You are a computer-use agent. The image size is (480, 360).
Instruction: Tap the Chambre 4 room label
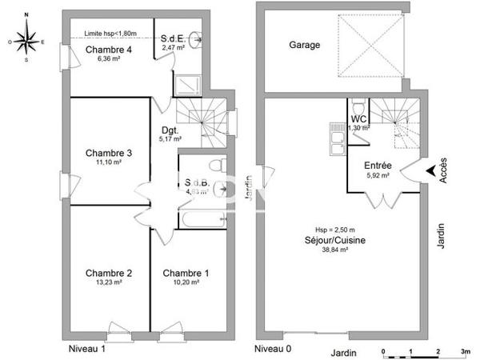pyautogui.click(x=108, y=50)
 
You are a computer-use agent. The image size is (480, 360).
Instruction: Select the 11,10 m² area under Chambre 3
pyautogui.click(x=108, y=162)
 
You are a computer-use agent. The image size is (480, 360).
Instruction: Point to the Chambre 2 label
pyautogui.click(x=108, y=273)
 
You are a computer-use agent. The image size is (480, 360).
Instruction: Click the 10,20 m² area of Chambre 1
pyautogui.click(x=186, y=282)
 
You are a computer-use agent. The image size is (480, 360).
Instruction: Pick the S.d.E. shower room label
pyautogui.click(x=172, y=38)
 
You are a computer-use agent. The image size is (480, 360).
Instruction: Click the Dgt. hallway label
pyautogui.click(x=170, y=130)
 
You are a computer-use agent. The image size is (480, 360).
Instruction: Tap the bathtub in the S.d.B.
pyautogui.click(x=203, y=218)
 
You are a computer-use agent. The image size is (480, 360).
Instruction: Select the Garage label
pyautogui.click(x=304, y=46)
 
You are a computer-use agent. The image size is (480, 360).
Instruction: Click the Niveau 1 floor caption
pyautogui.click(x=86, y=349)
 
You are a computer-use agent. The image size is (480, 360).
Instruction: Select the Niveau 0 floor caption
pyautogui.click(x=274, y=349)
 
